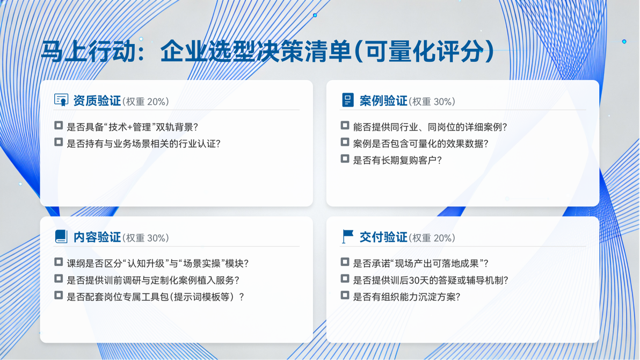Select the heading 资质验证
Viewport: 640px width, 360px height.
(x=97, y=100)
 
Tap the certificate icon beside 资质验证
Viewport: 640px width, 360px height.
(x=61, y=100)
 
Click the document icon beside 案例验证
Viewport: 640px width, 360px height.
(x=347, y=100)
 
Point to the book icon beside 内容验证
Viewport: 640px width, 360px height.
(x=61, y=236)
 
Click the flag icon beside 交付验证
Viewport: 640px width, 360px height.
(x=347, y=236)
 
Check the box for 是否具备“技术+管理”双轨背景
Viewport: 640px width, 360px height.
(x=59, y=125)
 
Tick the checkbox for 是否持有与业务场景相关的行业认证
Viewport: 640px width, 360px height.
(x=59, y=142)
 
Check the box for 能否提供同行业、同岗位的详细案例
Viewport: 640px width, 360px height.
(x=345, y=125)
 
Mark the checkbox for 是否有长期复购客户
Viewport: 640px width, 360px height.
(x=345, y=159)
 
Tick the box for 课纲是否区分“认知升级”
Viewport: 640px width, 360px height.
(x=59, y=262)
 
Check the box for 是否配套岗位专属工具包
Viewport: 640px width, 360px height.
(x=59, y=295)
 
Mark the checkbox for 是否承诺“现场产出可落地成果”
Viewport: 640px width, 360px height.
(x=345, y=262)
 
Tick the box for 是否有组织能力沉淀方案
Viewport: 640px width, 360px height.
(x=345, y=295)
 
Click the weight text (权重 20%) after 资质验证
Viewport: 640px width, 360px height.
(x=146, y=102)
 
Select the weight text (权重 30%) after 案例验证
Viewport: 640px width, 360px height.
(x=432, y=102)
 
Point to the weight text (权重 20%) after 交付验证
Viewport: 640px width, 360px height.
(x=432, y=238)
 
